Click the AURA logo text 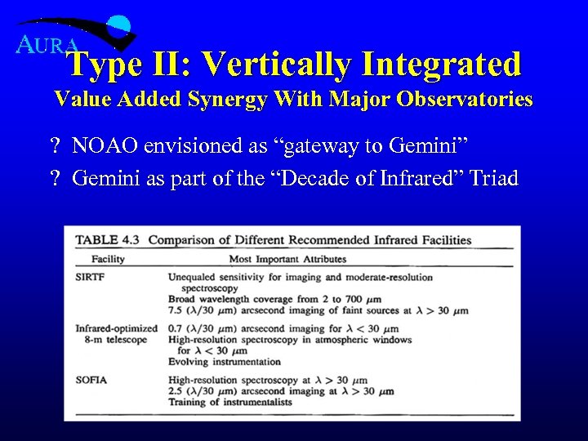47,45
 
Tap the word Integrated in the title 440,63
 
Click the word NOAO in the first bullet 105,146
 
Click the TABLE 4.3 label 108,240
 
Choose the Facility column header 108,259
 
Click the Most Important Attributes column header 287,259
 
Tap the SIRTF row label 90,277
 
